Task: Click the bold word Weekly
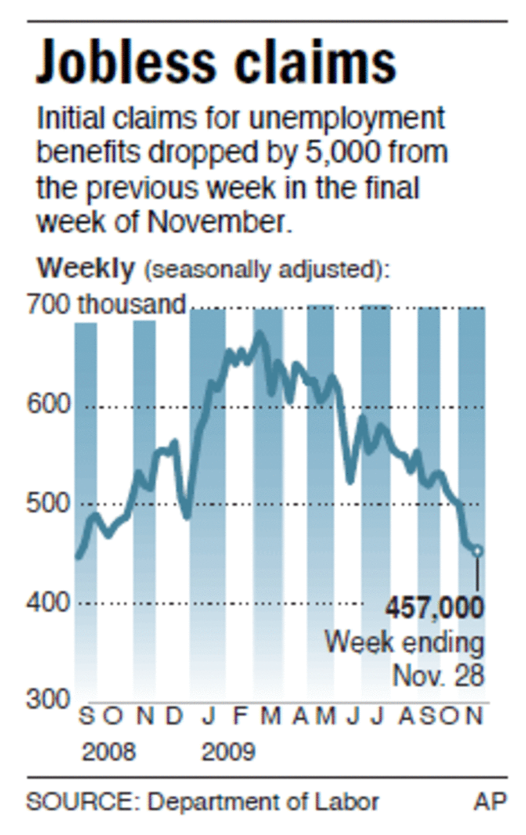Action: [86, 268]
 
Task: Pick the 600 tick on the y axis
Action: [48, 406]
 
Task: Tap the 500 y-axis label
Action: [48, 504]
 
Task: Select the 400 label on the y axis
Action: [48, 603]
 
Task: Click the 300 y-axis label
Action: [48, 699]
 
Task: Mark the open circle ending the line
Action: [478, 551]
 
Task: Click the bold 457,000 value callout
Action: [435, 609]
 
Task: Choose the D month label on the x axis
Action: [174, 717]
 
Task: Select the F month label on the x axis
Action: [239, 717]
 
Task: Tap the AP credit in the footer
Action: [490, 802]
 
